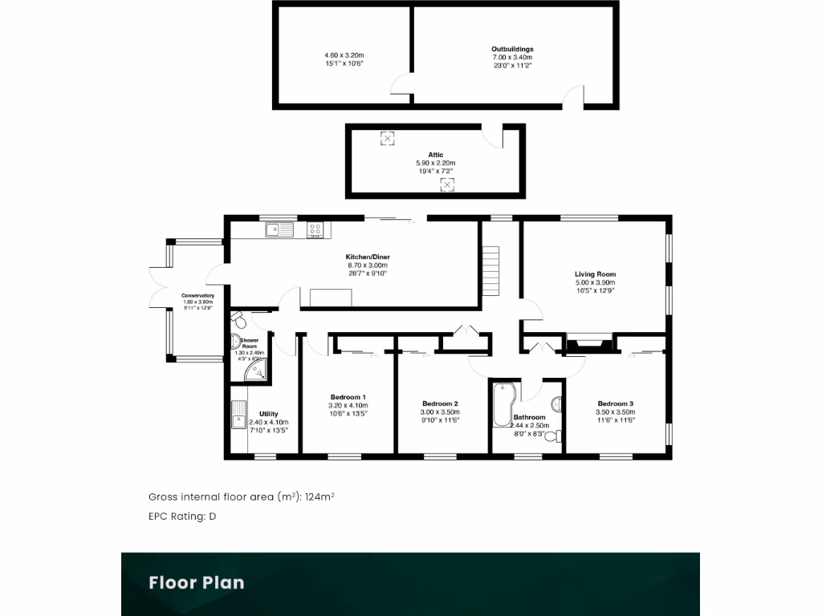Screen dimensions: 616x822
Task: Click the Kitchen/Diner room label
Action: tap(367, 257)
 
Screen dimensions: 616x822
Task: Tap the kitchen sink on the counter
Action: tap(281, 230)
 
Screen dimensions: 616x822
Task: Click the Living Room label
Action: tap(595, 274)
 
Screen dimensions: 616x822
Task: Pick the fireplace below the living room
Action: tap(590, 343)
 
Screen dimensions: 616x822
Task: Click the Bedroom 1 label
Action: tap(348, 397)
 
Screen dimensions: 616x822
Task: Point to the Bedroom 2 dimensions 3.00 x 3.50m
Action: tap(439, 412)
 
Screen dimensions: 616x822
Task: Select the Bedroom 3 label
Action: tap(615, 403)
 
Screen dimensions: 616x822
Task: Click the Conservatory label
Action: tap(197, 296)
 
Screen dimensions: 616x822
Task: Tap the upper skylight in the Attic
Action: tap(387, 139)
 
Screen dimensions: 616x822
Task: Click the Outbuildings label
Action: tap(512, 49)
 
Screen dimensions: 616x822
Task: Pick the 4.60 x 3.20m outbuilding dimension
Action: tap(344, 55)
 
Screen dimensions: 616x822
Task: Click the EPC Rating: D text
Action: tap(182, 517)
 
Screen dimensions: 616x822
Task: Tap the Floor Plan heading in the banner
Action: tap(196, 582)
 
